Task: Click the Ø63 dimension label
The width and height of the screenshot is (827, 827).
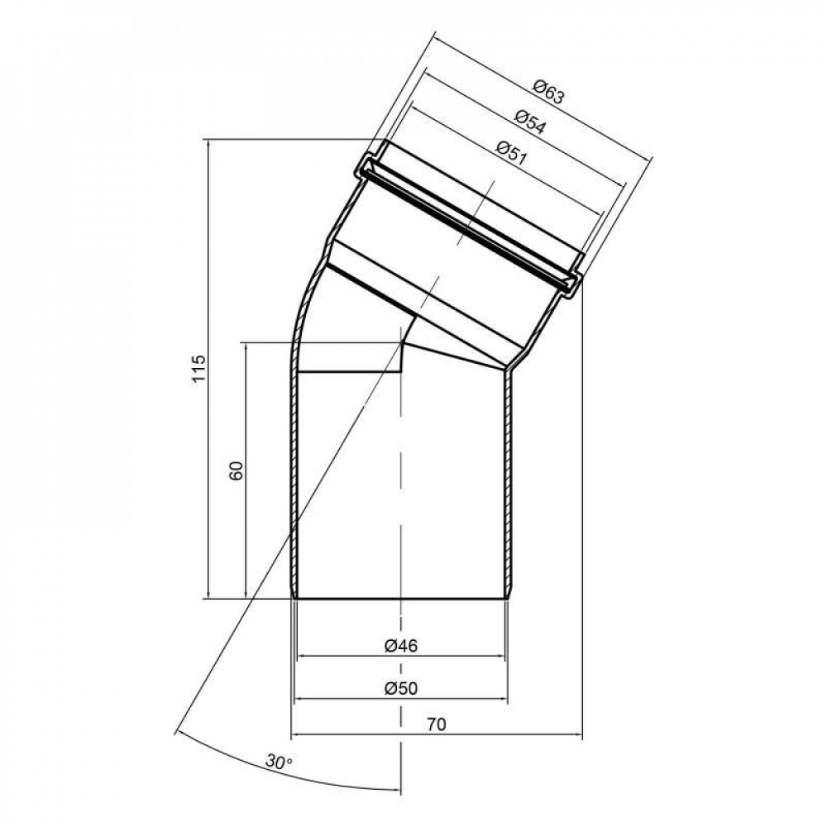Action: coord(549,90)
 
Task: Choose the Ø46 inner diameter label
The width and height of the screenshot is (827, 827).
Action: coord(401,647)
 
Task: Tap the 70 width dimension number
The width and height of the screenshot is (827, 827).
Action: coord(437,725)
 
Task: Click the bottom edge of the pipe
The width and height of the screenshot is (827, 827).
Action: coord(401,598)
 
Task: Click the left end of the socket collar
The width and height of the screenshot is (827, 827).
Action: coord(365,169)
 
